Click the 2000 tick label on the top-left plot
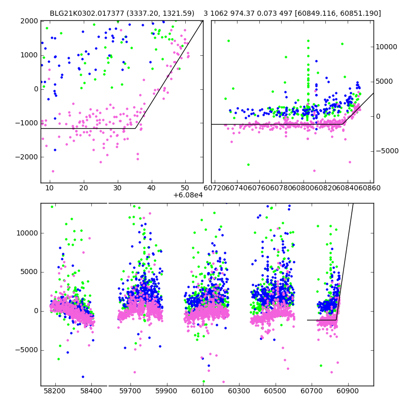(x=29, y=21)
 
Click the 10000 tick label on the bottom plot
(x=27, y=233)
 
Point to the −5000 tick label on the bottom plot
(x=27, y=350)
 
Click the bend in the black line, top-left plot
(x=136, y=128)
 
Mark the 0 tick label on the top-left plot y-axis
(x=36, y=89)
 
